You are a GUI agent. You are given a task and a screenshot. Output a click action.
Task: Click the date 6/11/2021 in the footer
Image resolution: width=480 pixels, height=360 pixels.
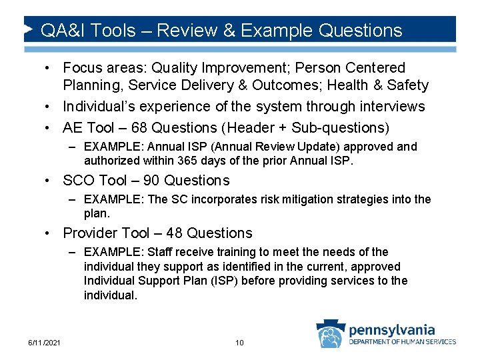tap(44, 343)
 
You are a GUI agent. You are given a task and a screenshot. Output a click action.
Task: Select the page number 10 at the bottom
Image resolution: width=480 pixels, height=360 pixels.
tap(239, 343)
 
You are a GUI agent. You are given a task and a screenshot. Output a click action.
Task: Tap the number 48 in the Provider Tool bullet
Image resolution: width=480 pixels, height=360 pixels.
tap(173, 233)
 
